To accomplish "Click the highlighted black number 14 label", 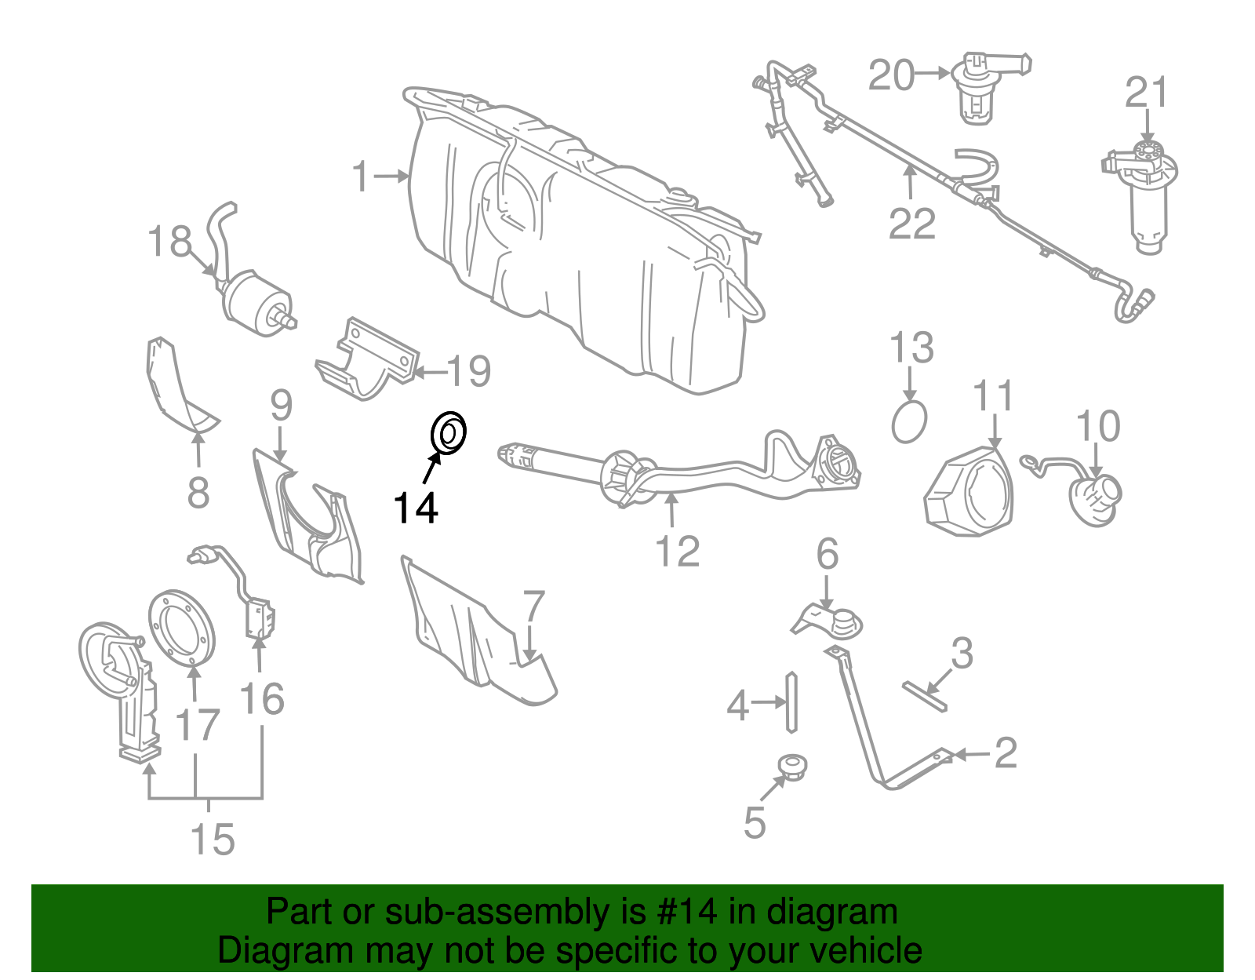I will click(415, 508).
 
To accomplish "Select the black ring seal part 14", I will click(449, 432).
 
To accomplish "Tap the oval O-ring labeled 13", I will click(909, 422).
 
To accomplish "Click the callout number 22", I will click(912, 224).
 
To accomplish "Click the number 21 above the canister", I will click(1147, 93).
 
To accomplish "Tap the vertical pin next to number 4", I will click(791, 701).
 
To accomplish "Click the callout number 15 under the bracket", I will click(213, 840).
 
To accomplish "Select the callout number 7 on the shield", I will click(533, 607).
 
